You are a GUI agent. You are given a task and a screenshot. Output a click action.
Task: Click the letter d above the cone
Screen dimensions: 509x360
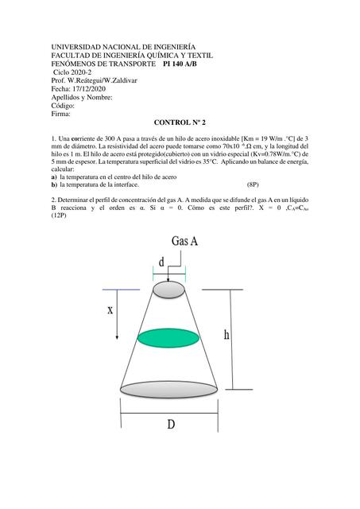pos(162,261)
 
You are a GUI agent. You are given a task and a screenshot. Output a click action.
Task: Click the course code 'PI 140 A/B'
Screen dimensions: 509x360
pos(187,64)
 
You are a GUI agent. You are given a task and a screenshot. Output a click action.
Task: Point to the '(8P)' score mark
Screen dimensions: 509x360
pos(255,185)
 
